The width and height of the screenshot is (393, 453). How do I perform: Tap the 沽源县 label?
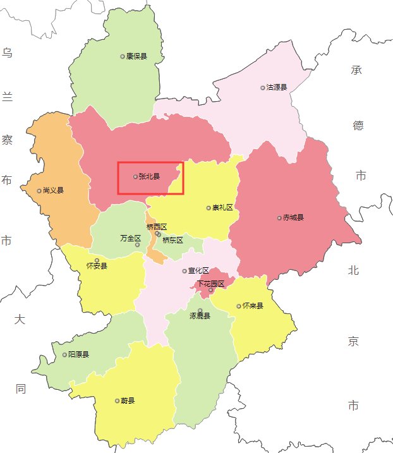pos(277,87)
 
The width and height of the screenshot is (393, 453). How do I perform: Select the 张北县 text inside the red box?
pos(149,177)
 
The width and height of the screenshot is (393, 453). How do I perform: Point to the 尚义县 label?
pos(53,190)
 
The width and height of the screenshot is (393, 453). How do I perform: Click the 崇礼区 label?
pos(223,207)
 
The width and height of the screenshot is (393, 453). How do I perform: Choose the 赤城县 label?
pos(293,218)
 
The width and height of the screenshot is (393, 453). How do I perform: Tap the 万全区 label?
pos(130,238)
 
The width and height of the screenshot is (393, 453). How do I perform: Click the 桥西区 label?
pos(156,227)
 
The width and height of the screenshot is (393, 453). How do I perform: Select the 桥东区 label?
pos(172,240)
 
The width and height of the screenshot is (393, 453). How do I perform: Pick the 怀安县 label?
pos(97,266)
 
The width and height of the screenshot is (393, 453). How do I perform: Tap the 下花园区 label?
pos(210,284)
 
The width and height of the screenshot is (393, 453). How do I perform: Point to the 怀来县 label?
pos(253,306)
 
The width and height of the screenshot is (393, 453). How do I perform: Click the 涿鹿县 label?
pos(200,316)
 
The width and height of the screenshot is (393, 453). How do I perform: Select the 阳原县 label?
pos(78,354)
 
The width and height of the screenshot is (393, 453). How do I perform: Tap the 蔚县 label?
pos(128,401)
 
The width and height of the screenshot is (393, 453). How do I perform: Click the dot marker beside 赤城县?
pos(279,218)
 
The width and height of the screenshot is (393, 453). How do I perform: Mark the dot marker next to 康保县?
pos(123,56)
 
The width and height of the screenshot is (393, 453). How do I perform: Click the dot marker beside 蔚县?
pos(117,401)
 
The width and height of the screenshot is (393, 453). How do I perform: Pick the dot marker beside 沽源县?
pos(263,87)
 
